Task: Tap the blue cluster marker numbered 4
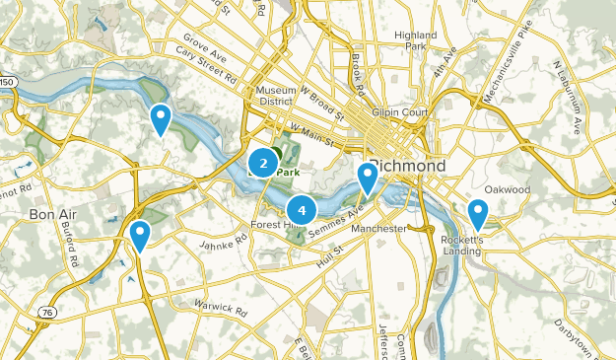click(302, 209)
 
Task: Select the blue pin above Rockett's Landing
click(478, 213)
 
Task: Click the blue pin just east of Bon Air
click(140, 235)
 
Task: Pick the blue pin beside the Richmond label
click(367, 178)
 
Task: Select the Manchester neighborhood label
click(378, 229)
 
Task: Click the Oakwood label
click(508, 189)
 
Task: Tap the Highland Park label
click(415, 40)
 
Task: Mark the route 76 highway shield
click(45, 312)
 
